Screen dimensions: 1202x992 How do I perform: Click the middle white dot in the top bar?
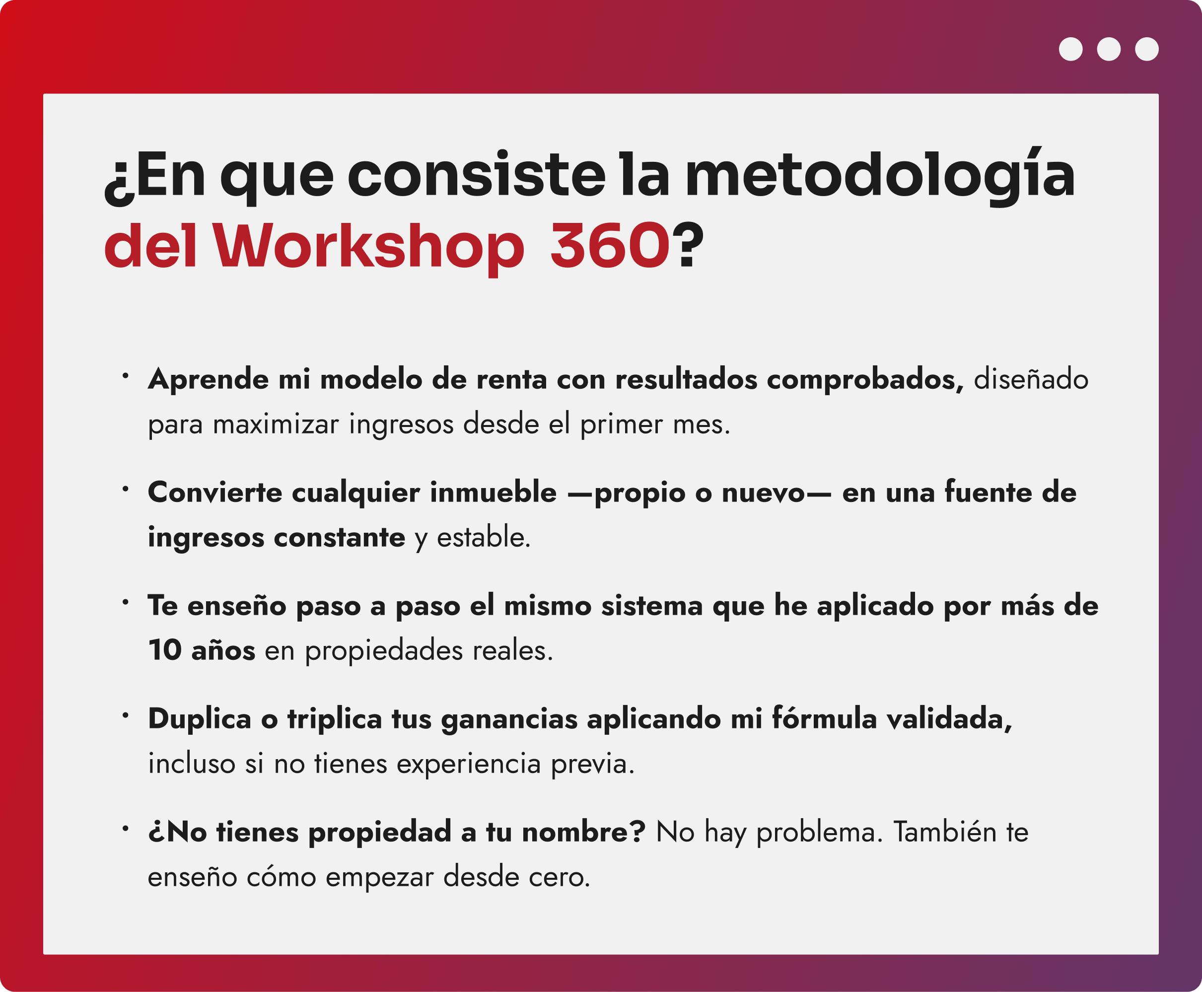(x=1108, y=49)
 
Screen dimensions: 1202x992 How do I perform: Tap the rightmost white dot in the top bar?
(x=1146, y=49)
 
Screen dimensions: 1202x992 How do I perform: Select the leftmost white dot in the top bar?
(x=1070, y=49)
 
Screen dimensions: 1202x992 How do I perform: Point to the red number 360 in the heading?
(x=610, y=245)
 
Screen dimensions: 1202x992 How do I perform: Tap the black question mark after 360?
(x=688, y=245)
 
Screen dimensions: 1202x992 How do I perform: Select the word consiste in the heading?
(x=477, y=175)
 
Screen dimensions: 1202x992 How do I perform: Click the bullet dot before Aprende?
(x=125, y=375)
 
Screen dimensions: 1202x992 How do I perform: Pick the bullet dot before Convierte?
(x=125, y=489)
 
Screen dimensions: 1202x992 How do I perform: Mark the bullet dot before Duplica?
(x=125, y=715)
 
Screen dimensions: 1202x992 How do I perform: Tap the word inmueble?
(x=494, y=493)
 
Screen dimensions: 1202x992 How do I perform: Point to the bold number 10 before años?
(x=164, y=650)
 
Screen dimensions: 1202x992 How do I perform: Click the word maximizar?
(x=276, y=425)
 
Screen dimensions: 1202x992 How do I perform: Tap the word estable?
(x=483, y=538)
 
